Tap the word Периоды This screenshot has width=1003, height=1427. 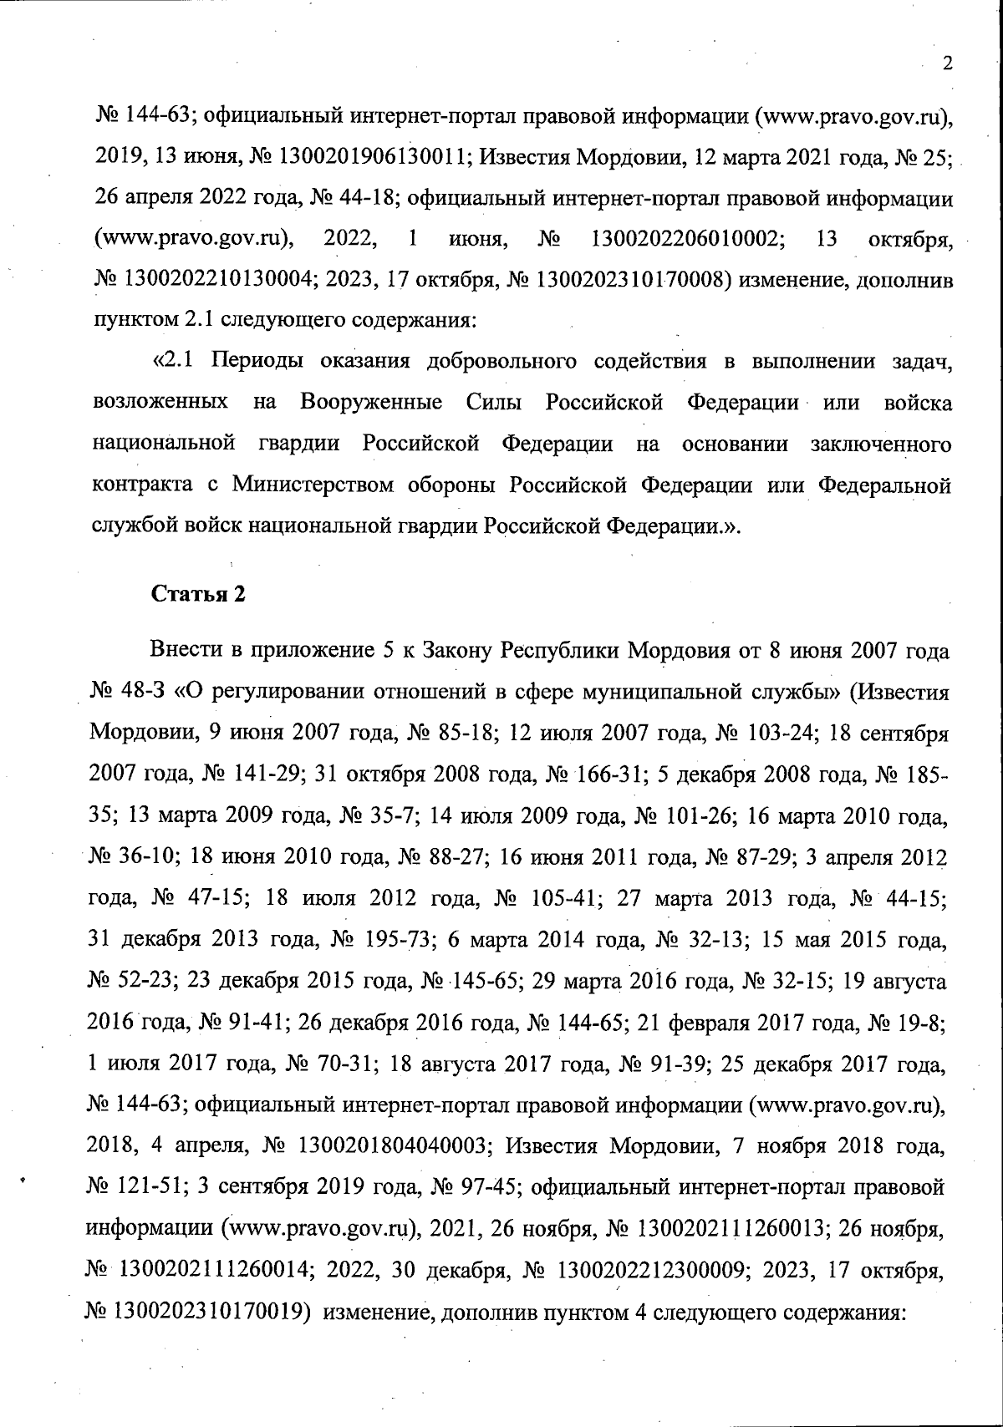pyautogui.click(x=254, y=362)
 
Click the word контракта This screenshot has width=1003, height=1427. pyautogui.click(x=140, y=485)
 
